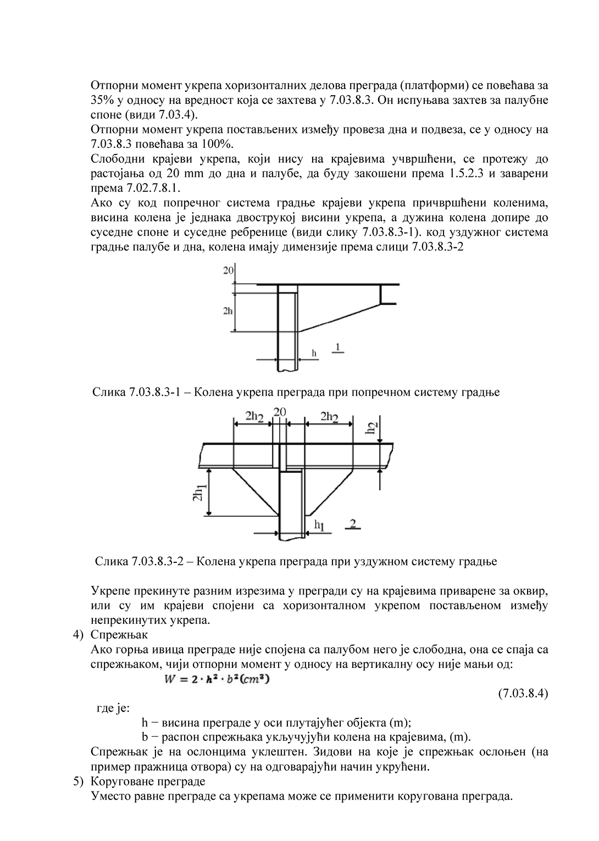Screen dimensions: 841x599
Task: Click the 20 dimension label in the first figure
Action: [x=229, y=270]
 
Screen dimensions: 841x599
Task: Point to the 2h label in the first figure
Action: [x=229, y=311]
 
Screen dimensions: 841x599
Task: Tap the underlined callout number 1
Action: [x=338, y=346]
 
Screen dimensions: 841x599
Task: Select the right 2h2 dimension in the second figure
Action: [x=329, y=416]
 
